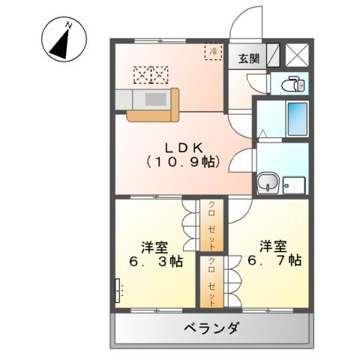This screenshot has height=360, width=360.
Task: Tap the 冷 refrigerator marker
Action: point(213,52)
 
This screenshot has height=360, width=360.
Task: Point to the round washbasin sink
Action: point(268,182)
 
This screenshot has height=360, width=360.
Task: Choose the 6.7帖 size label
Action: point(271,261)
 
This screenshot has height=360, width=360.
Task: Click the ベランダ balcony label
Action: point(212,328)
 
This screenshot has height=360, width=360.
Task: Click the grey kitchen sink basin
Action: point(156,98)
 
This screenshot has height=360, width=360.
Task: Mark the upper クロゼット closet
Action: point(212,225)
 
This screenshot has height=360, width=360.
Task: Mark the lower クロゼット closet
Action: point(212,281)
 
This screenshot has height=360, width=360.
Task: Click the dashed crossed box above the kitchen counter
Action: point(151,73)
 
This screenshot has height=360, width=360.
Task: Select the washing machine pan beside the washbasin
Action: point(295,184)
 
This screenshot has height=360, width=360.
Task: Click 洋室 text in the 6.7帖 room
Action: point(271,245)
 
